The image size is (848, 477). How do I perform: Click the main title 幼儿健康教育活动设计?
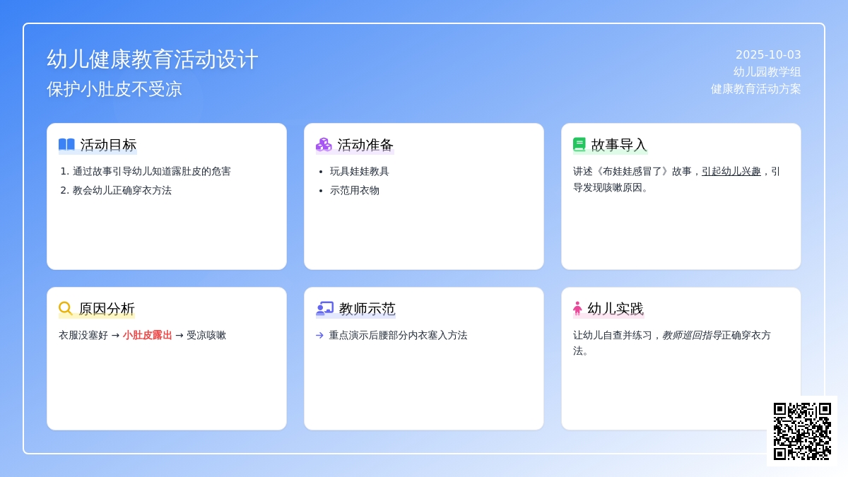coord(152,59)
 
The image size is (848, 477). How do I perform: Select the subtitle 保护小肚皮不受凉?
coord(114,89)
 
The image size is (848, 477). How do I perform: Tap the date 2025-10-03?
coord(768,55)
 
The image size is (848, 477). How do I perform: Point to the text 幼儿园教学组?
coord(767,71)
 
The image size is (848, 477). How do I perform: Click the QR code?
coord(802,431)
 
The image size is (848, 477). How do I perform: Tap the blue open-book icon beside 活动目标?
coord(66,145)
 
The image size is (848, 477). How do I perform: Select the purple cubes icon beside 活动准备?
coord(324,145)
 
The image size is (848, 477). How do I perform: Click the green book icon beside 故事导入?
coord(579,145)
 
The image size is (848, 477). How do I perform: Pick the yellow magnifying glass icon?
coord(66,308)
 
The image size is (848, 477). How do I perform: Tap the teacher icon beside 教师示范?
coord(324,309)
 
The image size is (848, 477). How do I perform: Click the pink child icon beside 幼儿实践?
coord(577,309)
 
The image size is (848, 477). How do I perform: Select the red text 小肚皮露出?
coord(147,335)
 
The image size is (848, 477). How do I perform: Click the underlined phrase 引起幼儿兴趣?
coord(731,172)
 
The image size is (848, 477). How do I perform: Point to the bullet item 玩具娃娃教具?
coord(359,172)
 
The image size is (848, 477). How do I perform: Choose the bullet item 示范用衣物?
coord(354,190)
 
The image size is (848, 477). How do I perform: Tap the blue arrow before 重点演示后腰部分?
coord(320,336)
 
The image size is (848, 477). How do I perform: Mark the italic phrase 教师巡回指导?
coord(692,335)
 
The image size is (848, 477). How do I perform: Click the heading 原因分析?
coord(107,309)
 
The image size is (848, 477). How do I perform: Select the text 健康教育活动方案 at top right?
coord(755,89)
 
